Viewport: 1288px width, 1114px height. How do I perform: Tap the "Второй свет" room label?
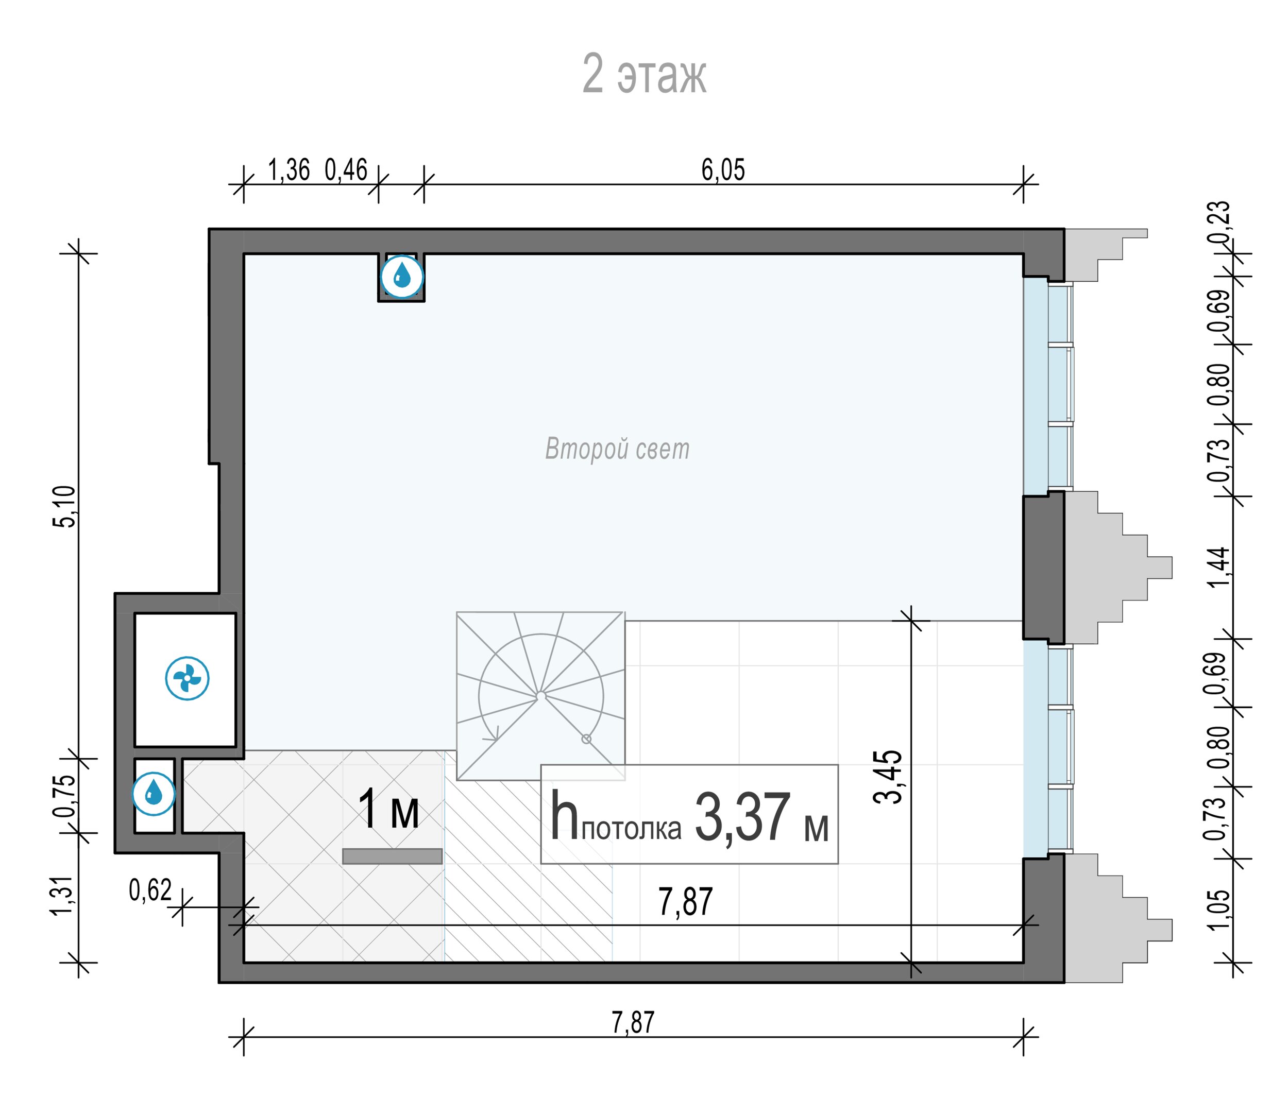click(x=617, y=449)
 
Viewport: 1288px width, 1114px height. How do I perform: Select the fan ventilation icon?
click(x=187, y=678)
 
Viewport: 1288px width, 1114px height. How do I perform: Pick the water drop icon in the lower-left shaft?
click(x=154, y=794)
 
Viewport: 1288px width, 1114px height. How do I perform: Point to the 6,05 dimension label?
click(x=723, y=170)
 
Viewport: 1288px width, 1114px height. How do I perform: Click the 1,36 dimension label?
click(x=289, y=170)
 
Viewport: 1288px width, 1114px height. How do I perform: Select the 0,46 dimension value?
click(x=346, y=170)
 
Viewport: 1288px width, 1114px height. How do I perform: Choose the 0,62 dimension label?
click(x=150, y=890)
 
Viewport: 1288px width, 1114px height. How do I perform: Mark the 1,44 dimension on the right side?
click(x=1219, y=567)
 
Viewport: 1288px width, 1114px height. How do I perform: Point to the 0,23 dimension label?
click(x=1219, y=222)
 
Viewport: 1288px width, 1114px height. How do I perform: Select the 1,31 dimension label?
click(x=64, y=896)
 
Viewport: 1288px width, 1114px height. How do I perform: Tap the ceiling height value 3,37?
click(x=742, y=817)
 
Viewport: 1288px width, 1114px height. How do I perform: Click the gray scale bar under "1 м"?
click(x=393, y=856)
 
